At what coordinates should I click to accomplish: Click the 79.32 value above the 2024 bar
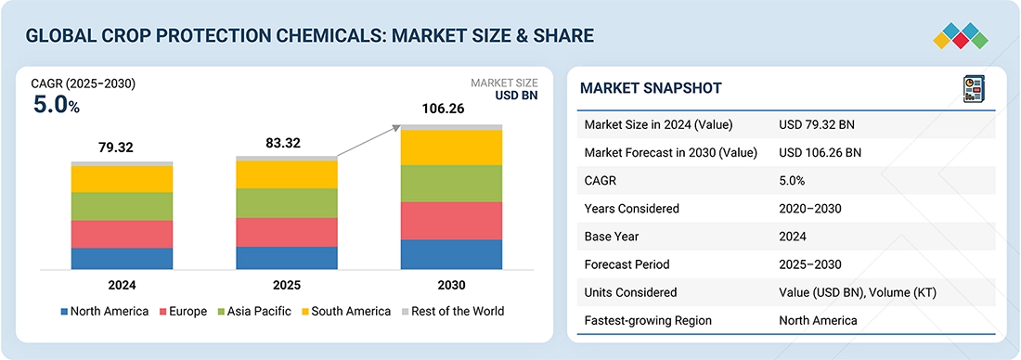(122, 148)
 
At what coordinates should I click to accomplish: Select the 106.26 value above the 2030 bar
(451, 109)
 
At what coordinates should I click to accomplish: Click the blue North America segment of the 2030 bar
(451, 254)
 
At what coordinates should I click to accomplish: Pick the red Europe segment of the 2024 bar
(122, 234)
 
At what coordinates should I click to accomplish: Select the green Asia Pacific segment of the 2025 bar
(287, 203)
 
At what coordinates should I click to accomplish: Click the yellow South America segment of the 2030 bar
(451, 148)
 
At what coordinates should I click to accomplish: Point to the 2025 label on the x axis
(287, 285)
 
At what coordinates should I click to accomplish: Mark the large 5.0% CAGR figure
(57, 105)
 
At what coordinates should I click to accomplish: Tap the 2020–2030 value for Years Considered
(810, 209)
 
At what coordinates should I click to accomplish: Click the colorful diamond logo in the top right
(962, 35)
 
